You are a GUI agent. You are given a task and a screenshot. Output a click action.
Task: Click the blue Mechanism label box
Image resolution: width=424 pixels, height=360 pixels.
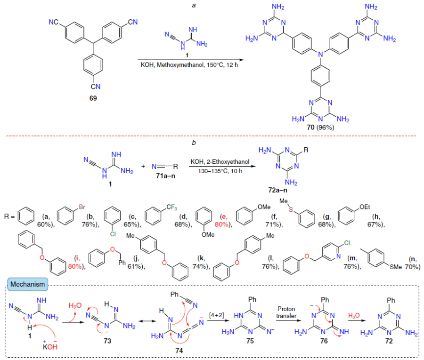(28, 284)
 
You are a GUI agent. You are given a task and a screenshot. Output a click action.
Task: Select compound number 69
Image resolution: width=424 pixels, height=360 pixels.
(93, 98)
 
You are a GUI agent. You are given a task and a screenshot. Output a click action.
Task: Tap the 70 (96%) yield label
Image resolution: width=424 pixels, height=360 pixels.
(320, 127)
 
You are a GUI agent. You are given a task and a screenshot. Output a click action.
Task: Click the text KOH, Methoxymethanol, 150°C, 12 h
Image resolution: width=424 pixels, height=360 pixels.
(189, 65)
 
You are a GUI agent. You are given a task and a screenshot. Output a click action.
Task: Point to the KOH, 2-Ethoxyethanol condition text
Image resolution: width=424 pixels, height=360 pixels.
(220, 162)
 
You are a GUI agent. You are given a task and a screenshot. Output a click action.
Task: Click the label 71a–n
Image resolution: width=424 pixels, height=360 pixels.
(165, 176)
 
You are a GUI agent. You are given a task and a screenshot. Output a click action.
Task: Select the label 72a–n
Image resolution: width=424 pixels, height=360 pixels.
(277, 190)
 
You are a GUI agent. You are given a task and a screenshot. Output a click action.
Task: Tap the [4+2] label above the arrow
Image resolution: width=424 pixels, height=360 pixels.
(216, 315)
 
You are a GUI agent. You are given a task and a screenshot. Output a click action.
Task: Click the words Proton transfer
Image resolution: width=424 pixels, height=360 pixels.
(286, 312)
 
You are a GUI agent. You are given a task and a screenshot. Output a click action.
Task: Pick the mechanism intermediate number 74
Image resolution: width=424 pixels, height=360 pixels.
(179, 351)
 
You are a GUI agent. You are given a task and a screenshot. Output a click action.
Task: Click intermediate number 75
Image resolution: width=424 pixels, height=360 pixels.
(250, 341)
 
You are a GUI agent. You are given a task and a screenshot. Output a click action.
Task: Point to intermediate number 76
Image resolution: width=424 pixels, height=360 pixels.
(324, 341)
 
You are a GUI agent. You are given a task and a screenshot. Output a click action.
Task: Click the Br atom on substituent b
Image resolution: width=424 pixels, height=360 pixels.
(82, 207)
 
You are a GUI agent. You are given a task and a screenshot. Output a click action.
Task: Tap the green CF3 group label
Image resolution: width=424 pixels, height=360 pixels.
(171, 208)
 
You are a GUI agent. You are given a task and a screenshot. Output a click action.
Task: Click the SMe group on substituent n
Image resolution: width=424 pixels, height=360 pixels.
(396, 267)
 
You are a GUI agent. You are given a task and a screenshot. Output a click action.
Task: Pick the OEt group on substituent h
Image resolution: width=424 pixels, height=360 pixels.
(365, 207)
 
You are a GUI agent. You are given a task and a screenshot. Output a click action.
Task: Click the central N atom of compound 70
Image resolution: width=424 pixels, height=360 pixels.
(320, 54)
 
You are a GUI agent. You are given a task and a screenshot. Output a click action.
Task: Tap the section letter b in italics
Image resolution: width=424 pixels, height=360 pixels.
(194, 143)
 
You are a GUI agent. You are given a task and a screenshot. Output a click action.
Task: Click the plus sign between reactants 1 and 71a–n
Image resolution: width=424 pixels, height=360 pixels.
(143, 166)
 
